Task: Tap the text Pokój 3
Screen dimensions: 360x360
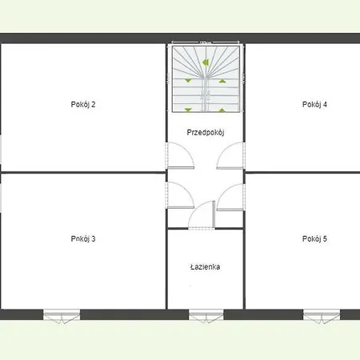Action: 83,238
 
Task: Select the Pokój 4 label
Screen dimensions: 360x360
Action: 314,104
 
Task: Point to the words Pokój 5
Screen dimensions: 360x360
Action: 314,238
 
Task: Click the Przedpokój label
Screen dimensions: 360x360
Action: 205,132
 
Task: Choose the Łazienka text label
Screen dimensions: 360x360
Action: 205,267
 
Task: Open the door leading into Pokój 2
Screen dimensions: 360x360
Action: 180,155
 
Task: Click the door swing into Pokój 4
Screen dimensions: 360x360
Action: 230,155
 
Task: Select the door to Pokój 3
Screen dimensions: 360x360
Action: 180,194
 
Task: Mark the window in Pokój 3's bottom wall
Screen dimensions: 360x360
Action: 61,314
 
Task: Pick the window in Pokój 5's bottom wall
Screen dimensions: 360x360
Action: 322,314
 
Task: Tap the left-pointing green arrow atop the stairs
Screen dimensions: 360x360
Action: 206,61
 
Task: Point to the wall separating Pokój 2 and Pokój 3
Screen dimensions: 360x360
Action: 80,172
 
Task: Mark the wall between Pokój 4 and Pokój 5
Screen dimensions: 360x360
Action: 302,172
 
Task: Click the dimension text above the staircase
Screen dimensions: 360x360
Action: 205,42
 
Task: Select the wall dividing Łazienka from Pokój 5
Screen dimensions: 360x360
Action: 245,268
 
